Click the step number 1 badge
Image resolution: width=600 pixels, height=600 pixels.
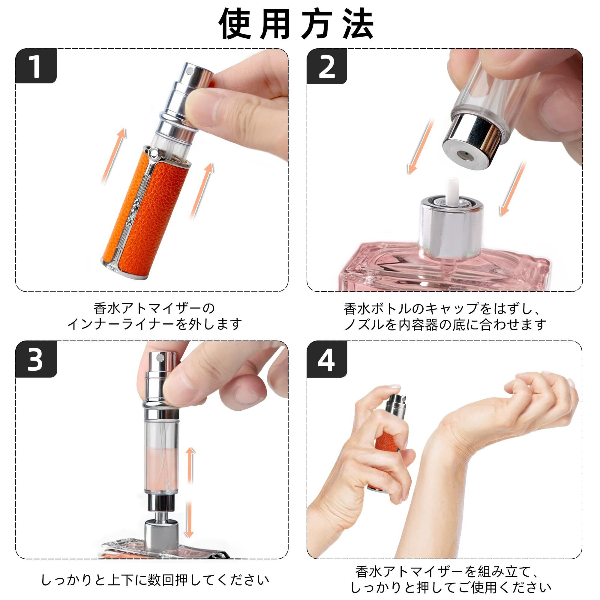[36, 66]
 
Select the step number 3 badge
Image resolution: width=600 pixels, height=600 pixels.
[36, 359]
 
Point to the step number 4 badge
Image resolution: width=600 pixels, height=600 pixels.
[327, 359]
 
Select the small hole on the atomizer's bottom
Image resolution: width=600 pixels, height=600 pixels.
[465, 154]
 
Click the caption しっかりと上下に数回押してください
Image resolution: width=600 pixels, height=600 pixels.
[155, 580]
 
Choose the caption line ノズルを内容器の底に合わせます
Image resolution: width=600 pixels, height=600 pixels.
[445, 325]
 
